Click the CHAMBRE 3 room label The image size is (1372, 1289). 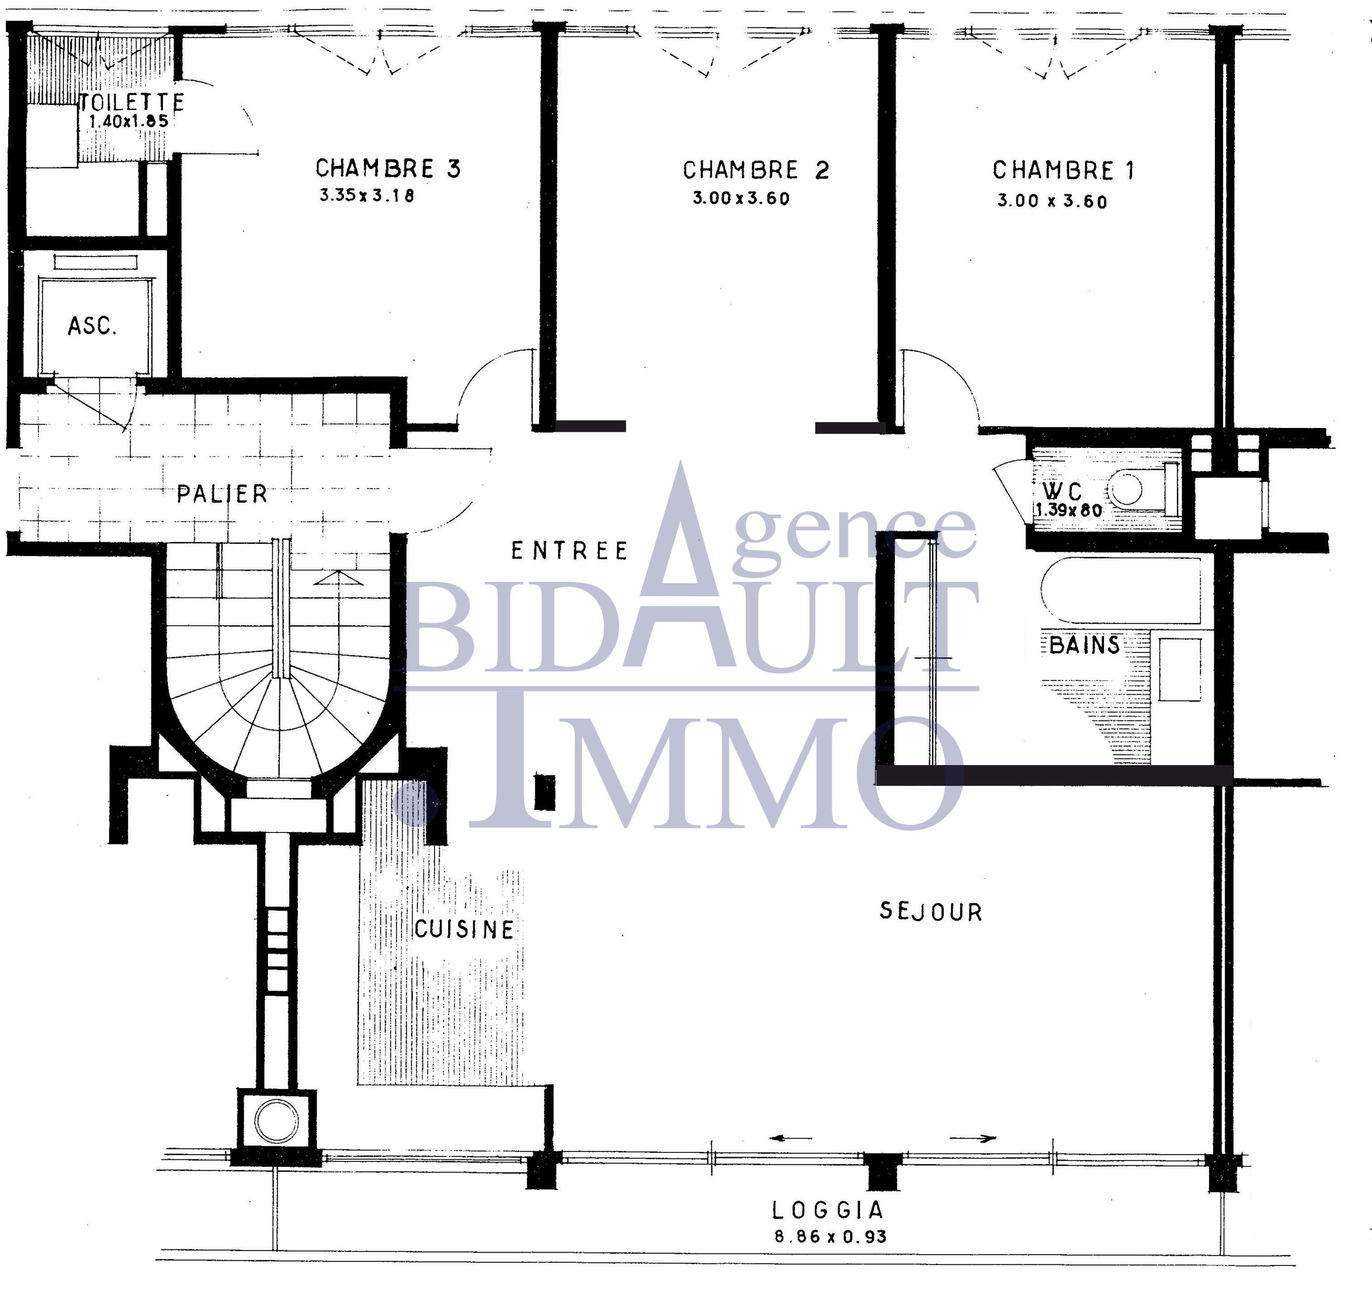pyautogui.click(x=388, y=168)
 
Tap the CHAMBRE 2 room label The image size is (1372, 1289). pyautogui.click(x=756, y=170)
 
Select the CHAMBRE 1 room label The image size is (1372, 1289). pyautogui.click(x=1063, y=170)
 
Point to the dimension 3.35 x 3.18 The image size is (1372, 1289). pyautogui.click(x=367, y=196)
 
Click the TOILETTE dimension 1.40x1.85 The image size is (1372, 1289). pyautogui.click(x=129, y=121)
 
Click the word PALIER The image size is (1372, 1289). pyautogui.click(x=221, y=494)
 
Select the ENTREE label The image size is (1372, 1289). pyautogui.click(x=569, y=551)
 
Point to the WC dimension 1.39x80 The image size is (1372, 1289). pyautogui.click(x=1068, y=510)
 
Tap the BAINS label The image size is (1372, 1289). pyautogui.click(x=1084, y=645)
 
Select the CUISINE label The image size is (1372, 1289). pyautogui.click(x=464, y=930)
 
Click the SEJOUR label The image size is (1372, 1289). pyautogui.click(x=930, y=911)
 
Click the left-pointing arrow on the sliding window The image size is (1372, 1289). pyautogui.click(x=791, y=1138)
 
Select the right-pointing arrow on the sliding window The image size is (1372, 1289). pyautogui.click(x=973, y=1138)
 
